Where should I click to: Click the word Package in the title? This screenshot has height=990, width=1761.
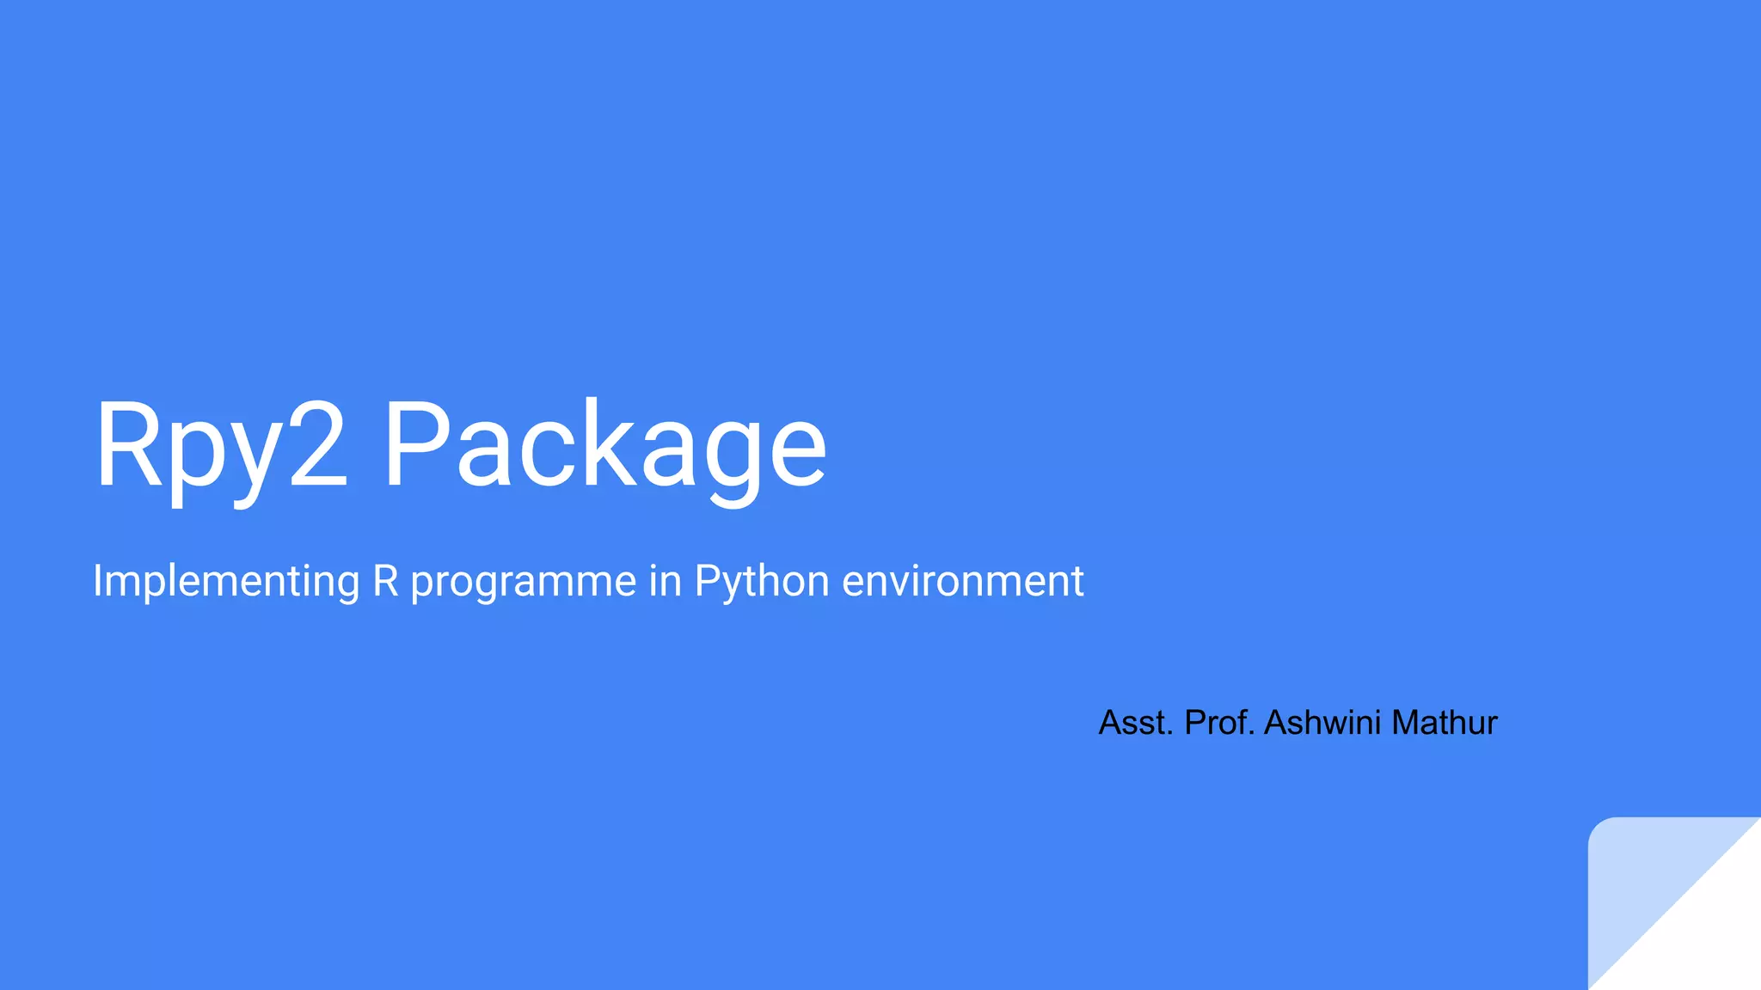604,447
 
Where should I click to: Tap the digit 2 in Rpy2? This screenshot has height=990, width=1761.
317,445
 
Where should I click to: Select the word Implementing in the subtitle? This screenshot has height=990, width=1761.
226,581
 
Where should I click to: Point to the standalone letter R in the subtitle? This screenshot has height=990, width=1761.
386,581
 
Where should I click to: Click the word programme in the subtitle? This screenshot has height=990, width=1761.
523,583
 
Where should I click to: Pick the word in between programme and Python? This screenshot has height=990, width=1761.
665,581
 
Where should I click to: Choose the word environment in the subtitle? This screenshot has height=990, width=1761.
962,581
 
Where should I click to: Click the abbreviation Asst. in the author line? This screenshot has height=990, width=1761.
1136,723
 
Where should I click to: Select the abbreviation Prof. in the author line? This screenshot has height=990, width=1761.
1220,723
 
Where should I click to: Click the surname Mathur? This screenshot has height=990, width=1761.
1445,723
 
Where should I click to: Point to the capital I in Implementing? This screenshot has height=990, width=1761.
97,581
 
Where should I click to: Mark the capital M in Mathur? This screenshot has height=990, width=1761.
1407,723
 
